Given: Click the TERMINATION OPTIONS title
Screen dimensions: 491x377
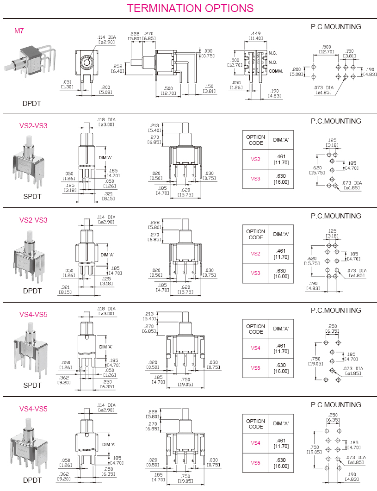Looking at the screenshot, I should click(x=190, y=8).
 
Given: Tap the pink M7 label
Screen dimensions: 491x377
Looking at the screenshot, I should click(x=19, y=31).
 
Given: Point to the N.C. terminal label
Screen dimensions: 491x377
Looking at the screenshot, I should click(x=273, y=53).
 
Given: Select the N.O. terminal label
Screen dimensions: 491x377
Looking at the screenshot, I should click(x=273, y=62).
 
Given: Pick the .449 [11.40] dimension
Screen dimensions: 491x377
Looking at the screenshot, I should click(x=256, y=36).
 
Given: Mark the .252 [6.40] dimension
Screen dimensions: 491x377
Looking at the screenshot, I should click(x=117, y=68).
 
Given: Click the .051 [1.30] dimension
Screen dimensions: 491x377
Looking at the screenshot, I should click(x=67, y=84).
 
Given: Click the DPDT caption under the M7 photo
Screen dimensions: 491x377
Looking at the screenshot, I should click(x=32, y=103).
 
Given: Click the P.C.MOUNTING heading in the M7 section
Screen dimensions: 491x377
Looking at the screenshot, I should click(x=336, y=27).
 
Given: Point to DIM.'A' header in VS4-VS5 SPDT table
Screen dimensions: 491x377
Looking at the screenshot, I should click(x=281, y=329).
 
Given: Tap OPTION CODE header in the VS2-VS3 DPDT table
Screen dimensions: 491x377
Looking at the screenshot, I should click(x=255, y=234).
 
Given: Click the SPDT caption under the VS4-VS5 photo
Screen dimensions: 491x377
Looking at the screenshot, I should click(x=32, y=385).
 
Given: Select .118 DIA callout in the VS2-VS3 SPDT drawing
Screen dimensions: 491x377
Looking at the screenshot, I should click(x=106, y=122).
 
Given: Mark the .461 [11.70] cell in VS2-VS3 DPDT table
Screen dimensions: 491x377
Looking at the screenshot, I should click(x=281, y=254).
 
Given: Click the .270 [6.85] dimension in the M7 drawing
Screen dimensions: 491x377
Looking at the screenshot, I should click(x=149, y=36).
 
